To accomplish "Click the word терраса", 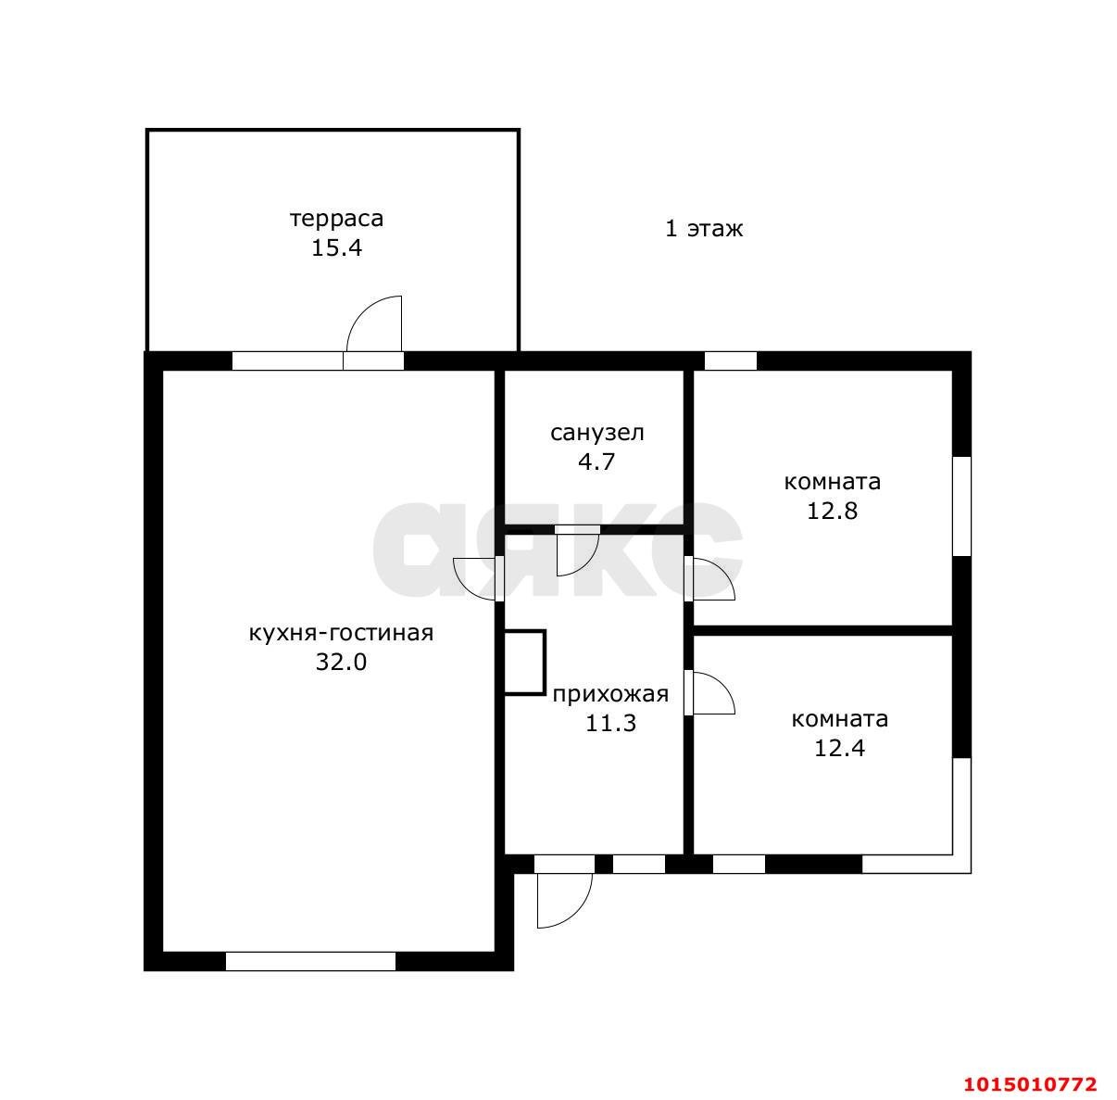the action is [337, 219].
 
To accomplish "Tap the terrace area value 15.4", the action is [337, 247].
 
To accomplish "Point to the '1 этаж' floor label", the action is [704, 229].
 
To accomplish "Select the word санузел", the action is [597, 433].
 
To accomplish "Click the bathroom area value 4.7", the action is [596, 461].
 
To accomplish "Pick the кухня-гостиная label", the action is [341, 633].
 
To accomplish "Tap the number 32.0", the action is [341, 662].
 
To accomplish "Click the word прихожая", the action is [610, 694].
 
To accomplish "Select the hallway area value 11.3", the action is [610, 723].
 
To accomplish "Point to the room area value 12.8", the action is [833, 511].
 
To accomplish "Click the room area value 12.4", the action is [840, 748].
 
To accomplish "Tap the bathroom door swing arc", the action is [585, 563].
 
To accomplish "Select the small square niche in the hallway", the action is [524, 662].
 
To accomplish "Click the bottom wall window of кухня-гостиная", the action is [310, 961].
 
